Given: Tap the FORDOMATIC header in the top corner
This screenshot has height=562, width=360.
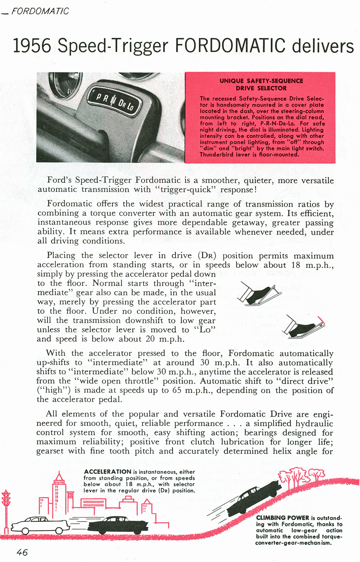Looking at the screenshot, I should (40, 10).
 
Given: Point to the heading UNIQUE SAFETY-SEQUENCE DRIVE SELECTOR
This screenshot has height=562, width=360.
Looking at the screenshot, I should (261, 84).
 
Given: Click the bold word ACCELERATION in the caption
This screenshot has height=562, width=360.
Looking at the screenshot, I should (105, 472).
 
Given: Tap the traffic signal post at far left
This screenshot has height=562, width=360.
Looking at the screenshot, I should (6, 506).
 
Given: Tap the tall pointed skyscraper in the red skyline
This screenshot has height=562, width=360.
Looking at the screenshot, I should (59, 488).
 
